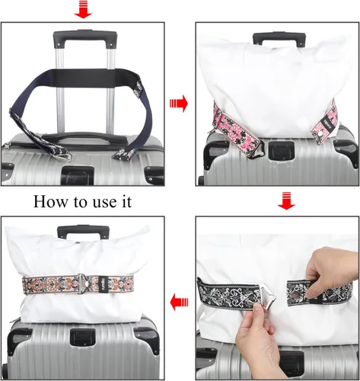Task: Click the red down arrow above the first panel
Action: [x=83, y=9]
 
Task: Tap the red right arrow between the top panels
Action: [x=179, y=104]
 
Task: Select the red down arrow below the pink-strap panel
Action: [x=286, y=201]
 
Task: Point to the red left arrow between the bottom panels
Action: [x=179, y=302]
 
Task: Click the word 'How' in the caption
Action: [x=50, y=202]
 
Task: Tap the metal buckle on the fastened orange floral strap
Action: [x=82, y=283]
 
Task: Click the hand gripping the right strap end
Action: [x=330, y=272]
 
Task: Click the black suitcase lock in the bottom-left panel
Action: [x=83, y=337]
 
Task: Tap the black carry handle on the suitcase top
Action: [x=84, y=138]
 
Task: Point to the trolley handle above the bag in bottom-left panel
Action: [x=83, y=231]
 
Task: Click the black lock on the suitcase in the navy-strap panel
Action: [x=78, y=174]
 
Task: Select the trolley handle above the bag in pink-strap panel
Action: [x=279, y=39]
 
